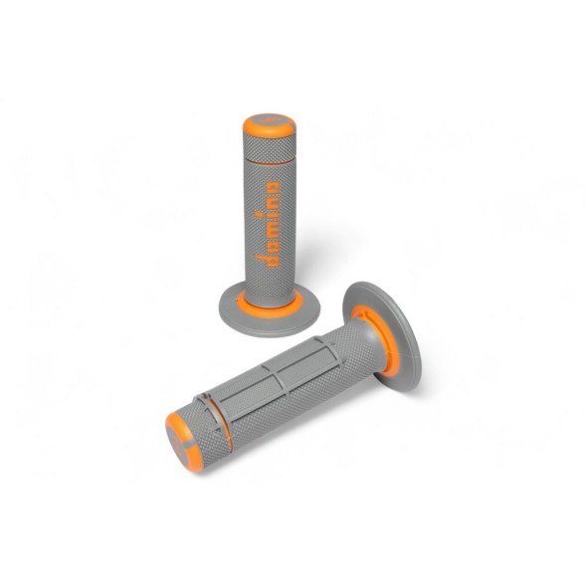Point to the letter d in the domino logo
coord(266,263)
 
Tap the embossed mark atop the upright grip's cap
coord(267,120)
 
